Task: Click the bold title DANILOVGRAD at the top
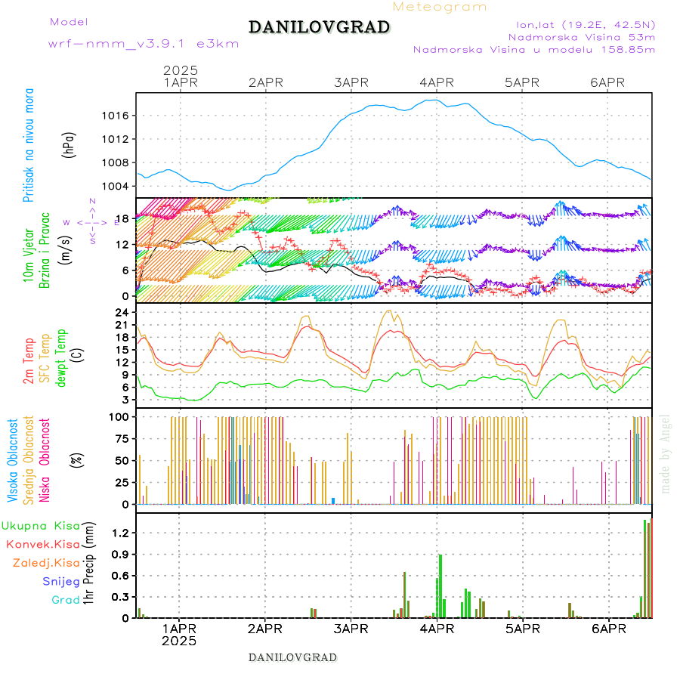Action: [x=319, y=27]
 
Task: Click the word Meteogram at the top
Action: [x=440, y=7]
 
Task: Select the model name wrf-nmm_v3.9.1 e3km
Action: [x=144, y=44]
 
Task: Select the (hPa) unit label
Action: [x=70, y=144]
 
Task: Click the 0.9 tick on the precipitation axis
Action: [x=122, y=554]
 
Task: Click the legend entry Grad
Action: [x=65, y=600]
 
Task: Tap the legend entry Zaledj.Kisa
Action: [x=46, y=562]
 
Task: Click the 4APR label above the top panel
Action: [x=437, y=82]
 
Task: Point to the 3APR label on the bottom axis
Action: [x=351, y=628]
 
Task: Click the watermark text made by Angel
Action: [x=665, y=453]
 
